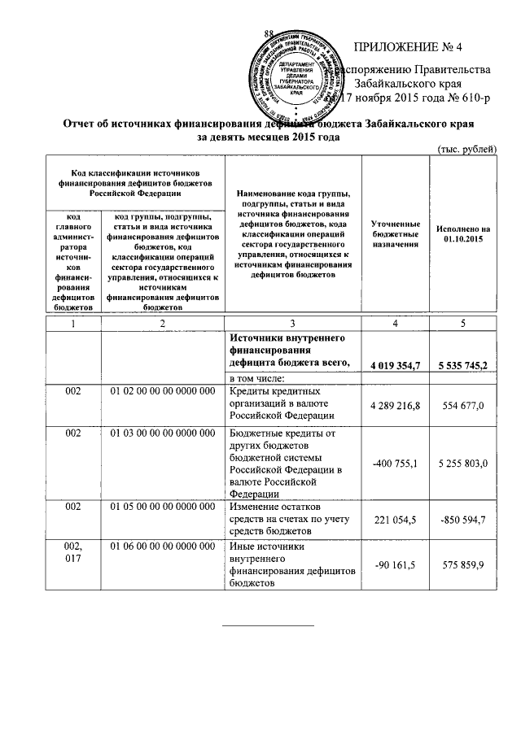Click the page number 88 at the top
point(269,32)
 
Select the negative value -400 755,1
point(395,463)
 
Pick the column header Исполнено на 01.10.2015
point(463,234)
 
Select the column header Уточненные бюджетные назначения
point(395,233)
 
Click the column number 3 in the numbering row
point(291,324)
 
